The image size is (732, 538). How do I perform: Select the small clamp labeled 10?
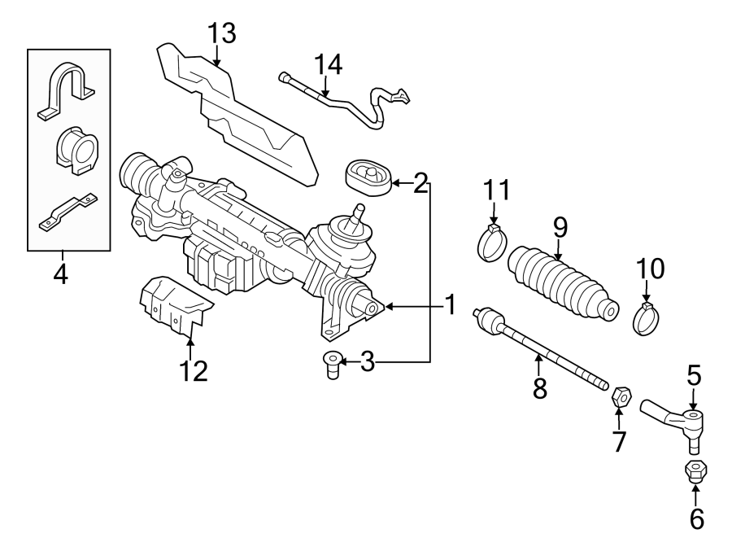[647, 320]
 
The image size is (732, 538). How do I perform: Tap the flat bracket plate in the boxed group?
[68, 212]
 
